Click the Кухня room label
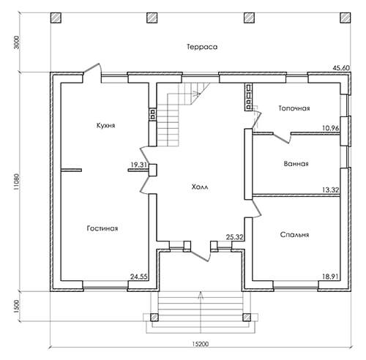pyautogui.click(x=105, y=126)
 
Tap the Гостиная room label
pyautogui.click(x=102, y=228)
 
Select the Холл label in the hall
pyautogui.click(x=200, y=187)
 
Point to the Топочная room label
pyautogui.click(x=294, y=108)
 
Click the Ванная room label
pyautogui.click(x=296, y=164)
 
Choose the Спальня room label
pyautogui.click(x=294, y=235)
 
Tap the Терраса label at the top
pyautogui.click(x=202, y=47)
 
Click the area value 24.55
pyautogui.click(x=138, y=277)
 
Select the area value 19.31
pyautogui.click(x=138, y=165)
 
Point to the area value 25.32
pyautogui.click(x=234, y=237)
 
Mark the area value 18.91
pyautogui.click(x=330, y=277)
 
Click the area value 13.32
pyautogui.click(x=330, y=190)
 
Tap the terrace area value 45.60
pyautogui.click(x=341, y=68)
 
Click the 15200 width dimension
pyautogui.click(x=201, y=344)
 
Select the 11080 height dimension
pyautogui.click(x=17, y=181)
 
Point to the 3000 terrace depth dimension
pyautogui.click(x=17, y=42)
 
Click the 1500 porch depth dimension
pyautogui.click(x=17, y=307)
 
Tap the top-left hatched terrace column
pyautogui.click(x=56, y=18)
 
